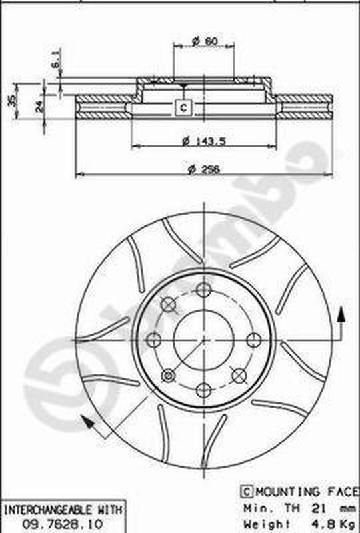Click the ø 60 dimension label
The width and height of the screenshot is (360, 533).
tap(205, 41)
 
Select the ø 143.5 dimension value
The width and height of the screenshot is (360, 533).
tap(204, 140)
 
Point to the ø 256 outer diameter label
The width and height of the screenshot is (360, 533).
tap(203, 169)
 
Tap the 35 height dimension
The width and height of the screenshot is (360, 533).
tap(10, 100)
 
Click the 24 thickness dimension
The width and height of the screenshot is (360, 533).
tap(39, 105)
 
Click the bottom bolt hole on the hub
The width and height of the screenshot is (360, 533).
tap(203, 390)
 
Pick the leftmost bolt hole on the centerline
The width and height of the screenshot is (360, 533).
tap(153, 340)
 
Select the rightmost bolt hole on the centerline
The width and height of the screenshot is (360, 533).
tap(253, 340)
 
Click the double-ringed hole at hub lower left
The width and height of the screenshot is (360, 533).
tap(168, 375)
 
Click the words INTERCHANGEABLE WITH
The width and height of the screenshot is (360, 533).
tap(63, 510)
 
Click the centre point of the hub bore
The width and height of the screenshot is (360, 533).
tap(203, 340)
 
